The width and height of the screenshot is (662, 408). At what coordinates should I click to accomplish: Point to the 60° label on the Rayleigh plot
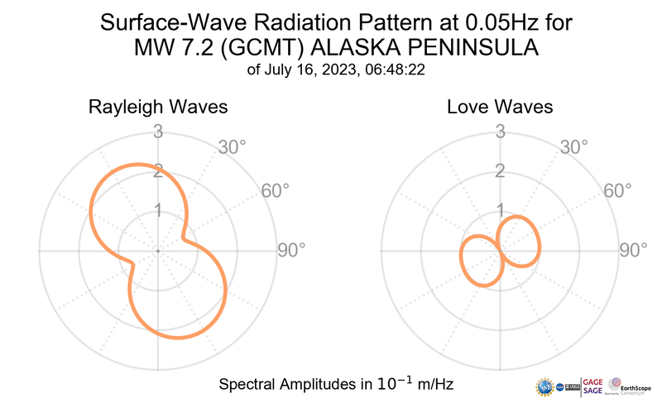(276, 190)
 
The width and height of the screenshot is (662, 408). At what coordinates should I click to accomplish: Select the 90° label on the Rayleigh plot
(291, 250)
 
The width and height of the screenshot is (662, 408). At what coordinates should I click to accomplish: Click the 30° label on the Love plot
(573, 147)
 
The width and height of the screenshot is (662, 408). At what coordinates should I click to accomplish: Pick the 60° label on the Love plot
(618, 190)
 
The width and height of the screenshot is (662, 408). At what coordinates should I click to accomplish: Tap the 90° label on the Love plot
(634, 250)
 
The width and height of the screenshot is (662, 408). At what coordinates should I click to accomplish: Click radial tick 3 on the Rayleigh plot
(157, 131)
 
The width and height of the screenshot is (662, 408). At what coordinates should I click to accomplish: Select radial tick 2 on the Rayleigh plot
(157, 170)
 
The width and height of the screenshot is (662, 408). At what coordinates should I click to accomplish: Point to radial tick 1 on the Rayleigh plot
(157, 210)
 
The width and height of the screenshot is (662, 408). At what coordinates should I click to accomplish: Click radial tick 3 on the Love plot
(500, 131)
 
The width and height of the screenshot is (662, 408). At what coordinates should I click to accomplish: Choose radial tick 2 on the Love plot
(500, 170)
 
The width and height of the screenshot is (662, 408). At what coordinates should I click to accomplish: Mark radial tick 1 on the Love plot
(500, 210)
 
